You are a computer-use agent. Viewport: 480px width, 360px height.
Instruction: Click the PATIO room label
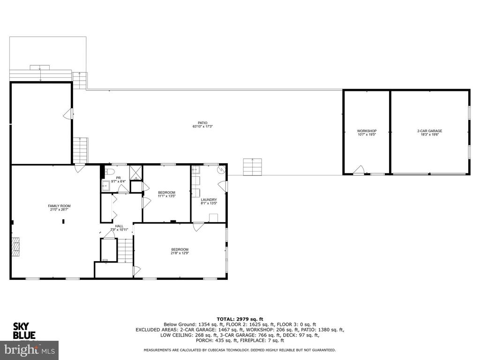tap(202, 123)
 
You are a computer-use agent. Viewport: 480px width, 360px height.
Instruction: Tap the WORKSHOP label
tap(367, 131)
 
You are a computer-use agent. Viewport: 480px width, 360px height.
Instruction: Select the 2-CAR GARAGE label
tap(430, 131)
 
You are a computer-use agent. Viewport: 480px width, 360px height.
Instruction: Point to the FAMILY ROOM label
tap(59, 206)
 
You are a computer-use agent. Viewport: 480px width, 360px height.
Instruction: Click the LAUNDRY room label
tap(209, 200)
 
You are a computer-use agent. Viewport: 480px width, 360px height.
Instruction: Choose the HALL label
tap(119, 226)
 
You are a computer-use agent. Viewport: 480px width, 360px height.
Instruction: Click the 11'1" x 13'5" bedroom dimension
tap(166, 196)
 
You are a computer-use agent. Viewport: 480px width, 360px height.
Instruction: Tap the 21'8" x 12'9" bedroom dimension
tap(180, 253)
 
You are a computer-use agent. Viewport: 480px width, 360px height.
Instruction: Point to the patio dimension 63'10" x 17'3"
tap(202, 127)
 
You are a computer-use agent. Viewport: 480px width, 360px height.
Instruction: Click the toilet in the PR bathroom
tap(109, 172)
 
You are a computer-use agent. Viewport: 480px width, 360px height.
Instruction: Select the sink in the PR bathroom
tap(105, 186)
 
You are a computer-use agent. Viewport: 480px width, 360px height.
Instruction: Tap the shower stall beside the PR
tap(136, 172)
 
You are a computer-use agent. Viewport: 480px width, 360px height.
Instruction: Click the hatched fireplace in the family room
tap(15, 247)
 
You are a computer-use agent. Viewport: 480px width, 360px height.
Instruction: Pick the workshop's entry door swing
tap(359, 170)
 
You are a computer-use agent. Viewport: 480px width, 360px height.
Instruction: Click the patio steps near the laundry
tap(253, 167)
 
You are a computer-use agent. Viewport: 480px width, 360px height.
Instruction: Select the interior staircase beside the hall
tap(126, 250)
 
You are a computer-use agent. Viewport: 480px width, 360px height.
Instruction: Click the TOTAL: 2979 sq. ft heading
tap(240, 319)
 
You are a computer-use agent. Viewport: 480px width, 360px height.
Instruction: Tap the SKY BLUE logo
tap(24, 331)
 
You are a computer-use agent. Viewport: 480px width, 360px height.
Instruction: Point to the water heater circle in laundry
tap(221, 169)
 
